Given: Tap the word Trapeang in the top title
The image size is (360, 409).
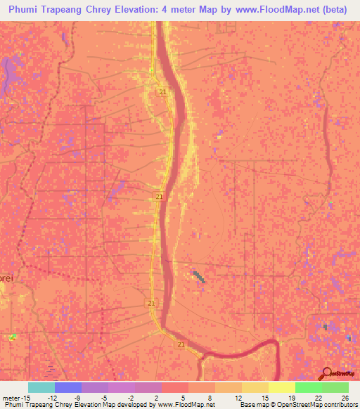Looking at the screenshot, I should click(72, 10).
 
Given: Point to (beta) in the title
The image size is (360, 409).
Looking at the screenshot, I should click(337, 10).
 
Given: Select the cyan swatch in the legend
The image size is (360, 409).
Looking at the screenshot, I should click(41, 387).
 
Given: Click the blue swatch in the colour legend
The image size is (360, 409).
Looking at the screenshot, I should click(67, 387).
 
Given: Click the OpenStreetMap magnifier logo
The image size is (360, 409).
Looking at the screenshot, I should click(327, 372).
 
